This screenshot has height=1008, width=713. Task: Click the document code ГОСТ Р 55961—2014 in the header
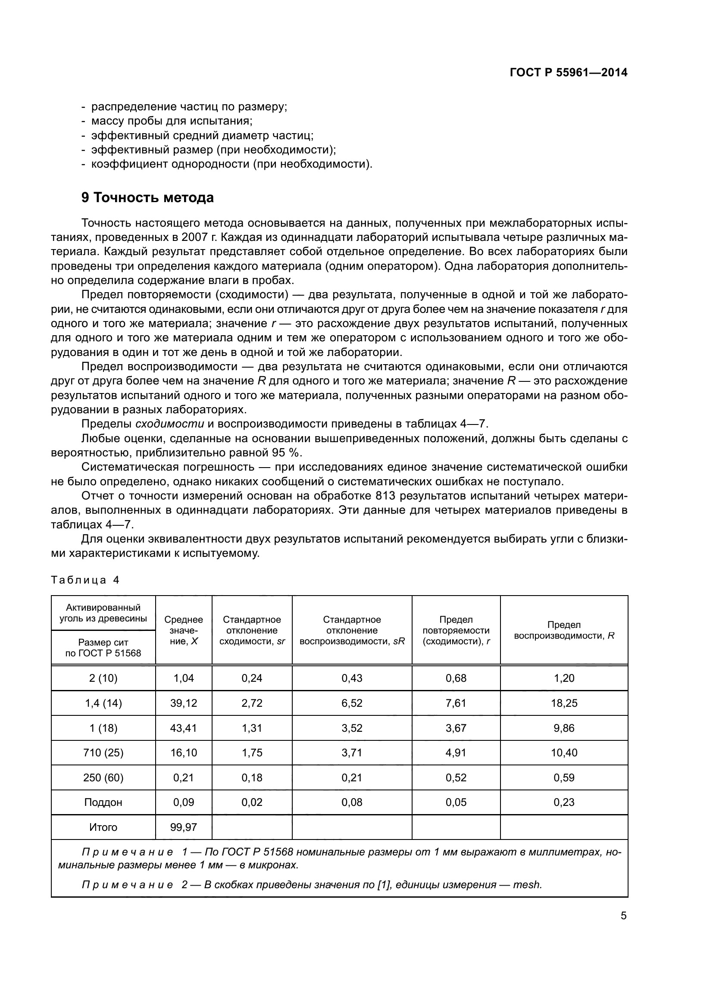(568, 73)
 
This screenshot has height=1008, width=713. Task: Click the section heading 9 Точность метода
(147, 198)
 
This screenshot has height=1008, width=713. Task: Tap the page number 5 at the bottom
(623, 916)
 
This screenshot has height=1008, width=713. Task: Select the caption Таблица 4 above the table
(86, 580)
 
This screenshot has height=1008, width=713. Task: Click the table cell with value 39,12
(184, 703)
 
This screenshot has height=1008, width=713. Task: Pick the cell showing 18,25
(564, 703)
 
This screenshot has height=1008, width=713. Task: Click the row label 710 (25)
(103, 753)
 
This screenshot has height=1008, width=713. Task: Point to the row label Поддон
(103, 802)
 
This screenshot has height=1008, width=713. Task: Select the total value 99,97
(184, 827)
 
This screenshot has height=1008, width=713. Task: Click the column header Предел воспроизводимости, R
(564, 630)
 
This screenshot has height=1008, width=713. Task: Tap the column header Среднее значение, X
(184, 630)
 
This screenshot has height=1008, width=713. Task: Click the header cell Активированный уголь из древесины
(103, 613)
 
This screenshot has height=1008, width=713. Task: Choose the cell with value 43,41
(184, 728)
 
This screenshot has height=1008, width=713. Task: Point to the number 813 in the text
(385, 496)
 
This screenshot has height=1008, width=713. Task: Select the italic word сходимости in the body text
(170, 424)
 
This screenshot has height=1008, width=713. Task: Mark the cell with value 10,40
(564, 753)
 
